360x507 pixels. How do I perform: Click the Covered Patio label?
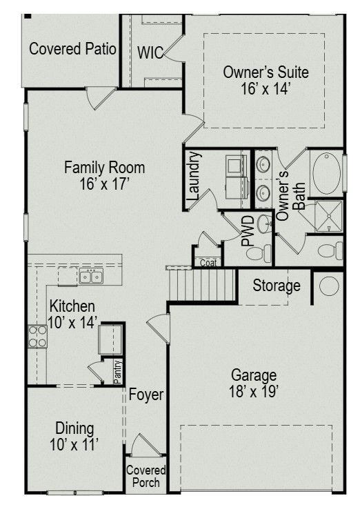pos(72,49)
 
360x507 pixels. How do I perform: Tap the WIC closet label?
pos(150,52)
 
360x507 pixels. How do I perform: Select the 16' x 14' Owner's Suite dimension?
pos(265,88)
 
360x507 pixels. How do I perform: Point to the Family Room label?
pos(104,168)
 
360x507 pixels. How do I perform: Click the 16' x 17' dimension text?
pos(104,184)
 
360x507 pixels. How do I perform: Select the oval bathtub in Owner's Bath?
pos(326,174)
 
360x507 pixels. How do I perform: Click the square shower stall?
pos(328,216)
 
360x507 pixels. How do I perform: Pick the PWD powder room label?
pos(248,232)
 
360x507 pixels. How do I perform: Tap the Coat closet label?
pos(208,263)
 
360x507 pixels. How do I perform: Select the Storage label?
pos(277,286)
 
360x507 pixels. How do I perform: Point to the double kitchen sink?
pos(91,277)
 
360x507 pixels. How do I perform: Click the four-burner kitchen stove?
pos(37,337)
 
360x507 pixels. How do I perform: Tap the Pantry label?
pos(118,372)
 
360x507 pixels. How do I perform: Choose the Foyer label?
pos(146,395)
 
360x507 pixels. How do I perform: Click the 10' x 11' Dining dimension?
pos(74,444)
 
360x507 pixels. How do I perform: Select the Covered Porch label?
pos(146,476)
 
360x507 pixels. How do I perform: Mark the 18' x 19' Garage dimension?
pos(254,392)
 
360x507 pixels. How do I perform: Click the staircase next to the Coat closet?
pos(202,284)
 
